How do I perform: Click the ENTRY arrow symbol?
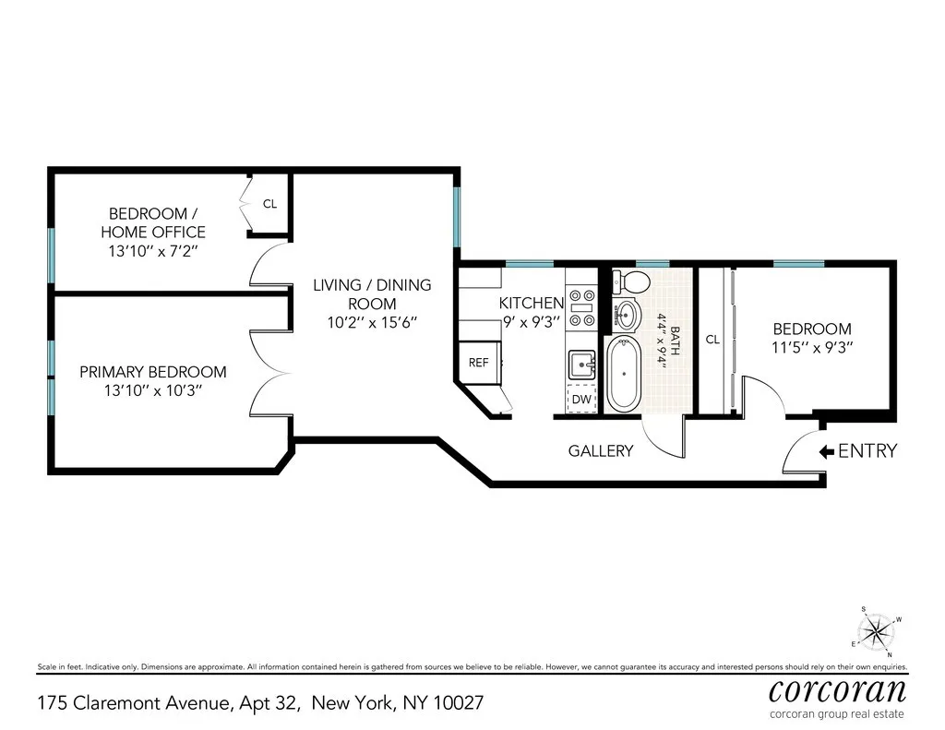click(826, 451)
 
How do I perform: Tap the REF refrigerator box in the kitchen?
click(478, 363)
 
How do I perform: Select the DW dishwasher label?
click(581, 399)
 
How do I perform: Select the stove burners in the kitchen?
click(582, 306)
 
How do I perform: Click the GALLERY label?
click(601, 451)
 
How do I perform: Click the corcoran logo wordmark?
click(838, 689)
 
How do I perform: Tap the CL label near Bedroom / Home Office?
click(269, 204)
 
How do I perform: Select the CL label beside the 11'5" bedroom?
click(712, 340)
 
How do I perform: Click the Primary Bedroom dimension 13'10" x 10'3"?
click(153, 390)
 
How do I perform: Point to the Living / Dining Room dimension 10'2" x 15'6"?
click(372, 323)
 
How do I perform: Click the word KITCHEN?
click(532, 304)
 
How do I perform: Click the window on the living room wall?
click(457, 217)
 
